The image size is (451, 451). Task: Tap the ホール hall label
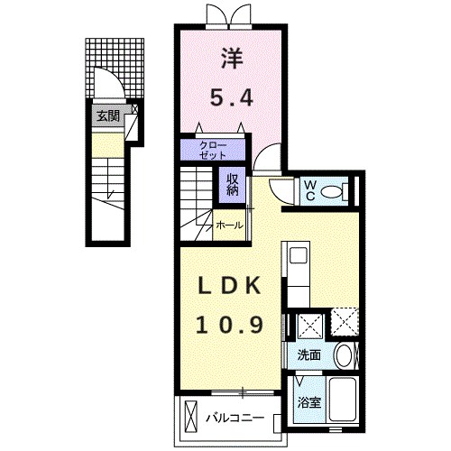point(229,225)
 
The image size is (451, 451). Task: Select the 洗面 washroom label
point(308,354)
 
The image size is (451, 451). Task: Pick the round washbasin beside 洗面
point(343,354)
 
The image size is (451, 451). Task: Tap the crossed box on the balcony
point(191,417)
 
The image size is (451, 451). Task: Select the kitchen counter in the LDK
point(297,271)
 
